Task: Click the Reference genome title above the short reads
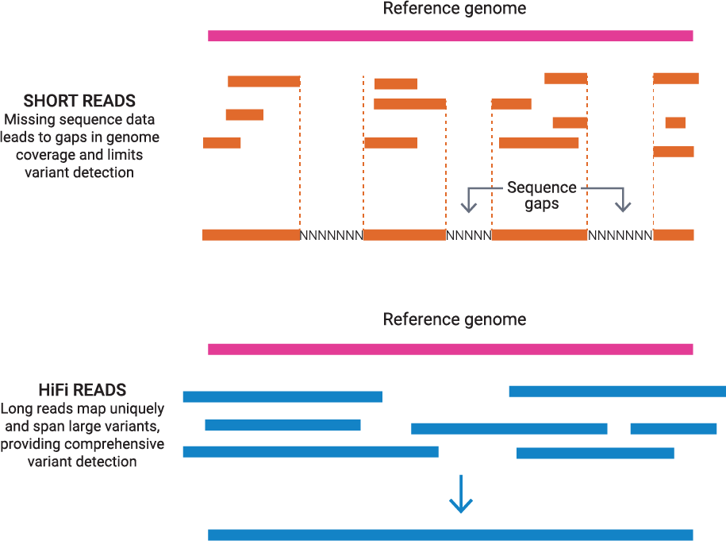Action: click(454, 10)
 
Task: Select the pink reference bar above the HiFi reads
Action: click(450, 349)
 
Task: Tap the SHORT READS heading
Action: click(79, 101)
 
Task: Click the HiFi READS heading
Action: click(83, 390)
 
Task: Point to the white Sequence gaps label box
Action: click(542, 195)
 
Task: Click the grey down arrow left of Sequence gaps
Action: click(469, 203)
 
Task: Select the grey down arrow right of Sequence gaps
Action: click(624, 203)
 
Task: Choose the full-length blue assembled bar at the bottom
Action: click(450, 535)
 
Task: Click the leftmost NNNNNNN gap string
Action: click(331, 235)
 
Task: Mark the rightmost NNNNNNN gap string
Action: click(620, 235)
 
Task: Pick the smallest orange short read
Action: click(675, 122)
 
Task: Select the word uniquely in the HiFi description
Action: click(138, 409)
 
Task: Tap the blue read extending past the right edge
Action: click(617, 391)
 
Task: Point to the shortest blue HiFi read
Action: click(673, 429)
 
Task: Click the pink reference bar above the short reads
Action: click(450, 36)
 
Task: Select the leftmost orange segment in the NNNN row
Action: click(251, 234)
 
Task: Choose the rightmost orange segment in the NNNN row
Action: click(674, 234)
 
